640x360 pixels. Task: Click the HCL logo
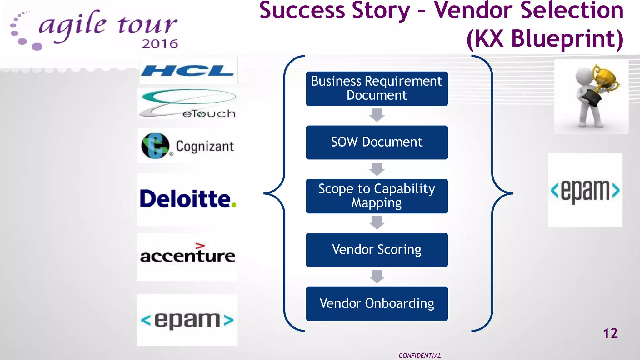coord(187,71)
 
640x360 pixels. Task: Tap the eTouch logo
coord(187,103)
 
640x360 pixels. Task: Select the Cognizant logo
coord(187,146)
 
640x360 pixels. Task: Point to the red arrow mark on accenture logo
coord(200,246)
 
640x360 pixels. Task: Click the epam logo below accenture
coord(187,320)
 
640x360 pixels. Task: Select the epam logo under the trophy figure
coord(585,190)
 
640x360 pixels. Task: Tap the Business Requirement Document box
coord(377,88)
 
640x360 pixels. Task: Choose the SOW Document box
coord(377,142)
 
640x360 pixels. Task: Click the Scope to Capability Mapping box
coord(377,196)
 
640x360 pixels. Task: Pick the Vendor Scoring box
coord(377,250)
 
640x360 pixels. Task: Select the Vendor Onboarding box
coord(377,303)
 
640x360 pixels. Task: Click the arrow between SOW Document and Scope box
coord(377,169)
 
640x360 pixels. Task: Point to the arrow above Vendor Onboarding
coord(377,277)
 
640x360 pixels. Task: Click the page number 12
coord(610,333)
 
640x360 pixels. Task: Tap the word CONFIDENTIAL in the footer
coord(420,356)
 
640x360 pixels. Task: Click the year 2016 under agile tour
coord(160,44)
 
